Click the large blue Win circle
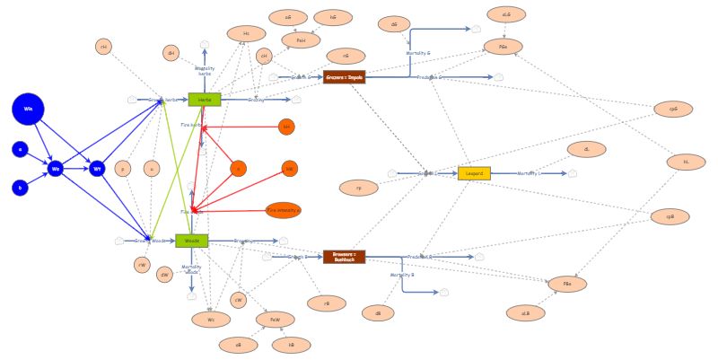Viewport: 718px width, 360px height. [28, 109]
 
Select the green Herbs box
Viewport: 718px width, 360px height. [205, 100]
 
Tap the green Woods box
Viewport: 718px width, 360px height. [192, 241]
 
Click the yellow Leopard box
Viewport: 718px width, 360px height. [474, 173]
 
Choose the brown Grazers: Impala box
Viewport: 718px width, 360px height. [344, 77]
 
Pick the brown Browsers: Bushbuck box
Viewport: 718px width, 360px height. [344, 257]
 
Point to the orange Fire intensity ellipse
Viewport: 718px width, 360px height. [284, 210]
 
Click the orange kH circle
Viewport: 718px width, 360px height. [286, 127]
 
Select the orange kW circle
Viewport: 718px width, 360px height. [289, 168]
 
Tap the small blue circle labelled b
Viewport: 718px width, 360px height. [20, 188]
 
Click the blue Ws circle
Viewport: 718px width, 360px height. [56, 168]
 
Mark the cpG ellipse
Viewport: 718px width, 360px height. [673, 109]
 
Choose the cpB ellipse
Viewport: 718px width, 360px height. [670, 216]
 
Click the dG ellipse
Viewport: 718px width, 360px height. [394, 24]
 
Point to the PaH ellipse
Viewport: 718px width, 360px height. [301, 40]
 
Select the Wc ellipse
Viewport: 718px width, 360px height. [211, 319]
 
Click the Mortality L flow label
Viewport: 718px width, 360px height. [530, 173]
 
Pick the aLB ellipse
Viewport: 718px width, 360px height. [525, 313]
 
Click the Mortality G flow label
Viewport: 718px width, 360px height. [418, 53]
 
